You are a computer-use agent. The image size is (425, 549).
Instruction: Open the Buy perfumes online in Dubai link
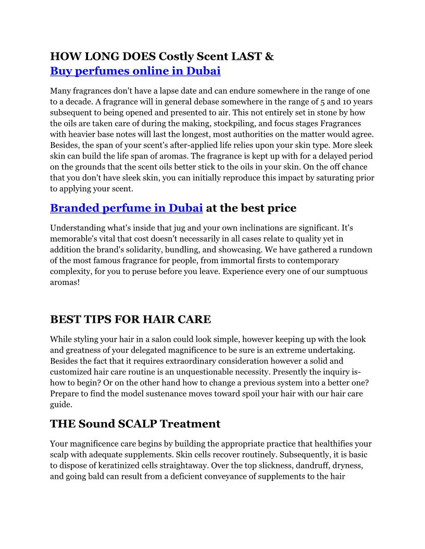click(x=135, y=71)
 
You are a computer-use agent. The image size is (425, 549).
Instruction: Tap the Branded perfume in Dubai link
click(x=126, y=208)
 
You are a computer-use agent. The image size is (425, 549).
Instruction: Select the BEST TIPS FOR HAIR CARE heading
click(x=130, y=319)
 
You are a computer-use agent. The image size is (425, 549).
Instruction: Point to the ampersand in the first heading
click(x=269, y=56)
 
